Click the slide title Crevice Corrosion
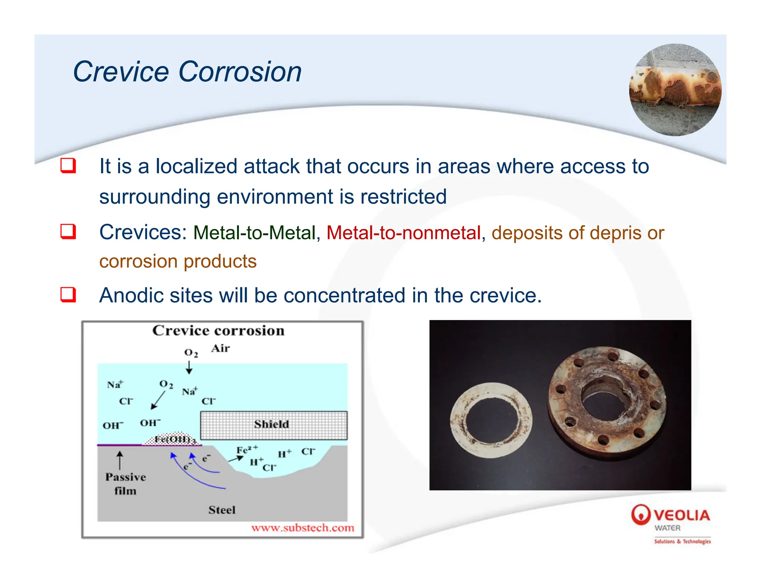[187, 71]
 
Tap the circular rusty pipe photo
[675, 90]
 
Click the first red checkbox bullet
[68, 166]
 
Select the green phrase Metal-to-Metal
[255, 233]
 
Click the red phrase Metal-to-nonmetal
[404, 233]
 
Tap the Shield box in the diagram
[274, 425]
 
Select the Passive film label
[126, 484]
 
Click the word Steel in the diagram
[222, 510]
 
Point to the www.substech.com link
[302, 528]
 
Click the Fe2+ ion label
[247, 450]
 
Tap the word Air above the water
[220, 348]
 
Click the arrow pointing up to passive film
[120, 460]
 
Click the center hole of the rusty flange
[605, 401]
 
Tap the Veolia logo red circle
[641, 514]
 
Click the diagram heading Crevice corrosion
[218, 330]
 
